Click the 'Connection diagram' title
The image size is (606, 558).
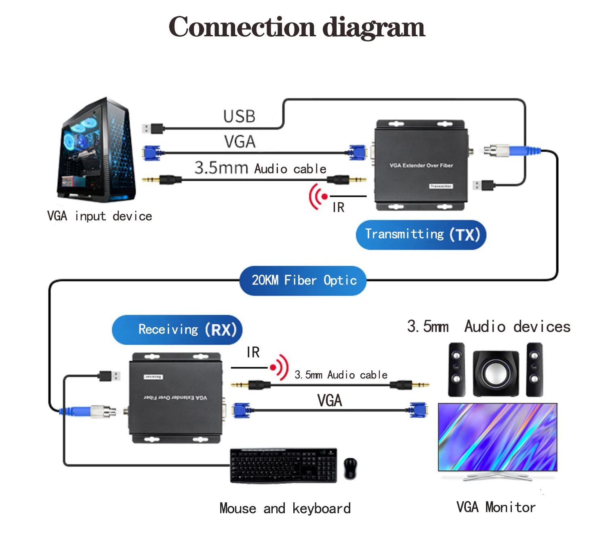(297, 27)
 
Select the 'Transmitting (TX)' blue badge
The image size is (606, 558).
(421, 235)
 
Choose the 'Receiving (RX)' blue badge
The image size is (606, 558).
(177, 330)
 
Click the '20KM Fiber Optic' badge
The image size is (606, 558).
(303, 280)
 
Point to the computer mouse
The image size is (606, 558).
(350, 468)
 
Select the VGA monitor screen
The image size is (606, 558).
(498, 437)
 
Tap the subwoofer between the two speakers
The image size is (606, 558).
(496, 373)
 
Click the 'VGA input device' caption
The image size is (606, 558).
(99, 216)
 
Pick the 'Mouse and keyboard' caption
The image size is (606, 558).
(285, 508)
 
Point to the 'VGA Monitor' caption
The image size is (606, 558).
(496, 507)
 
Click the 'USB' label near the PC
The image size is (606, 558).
(239, 117)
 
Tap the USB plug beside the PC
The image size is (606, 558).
(153, 129)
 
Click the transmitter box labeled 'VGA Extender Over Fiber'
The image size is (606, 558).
(421, 165)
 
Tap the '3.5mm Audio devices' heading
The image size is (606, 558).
(488, 326)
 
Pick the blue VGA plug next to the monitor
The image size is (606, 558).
(418, 410)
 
